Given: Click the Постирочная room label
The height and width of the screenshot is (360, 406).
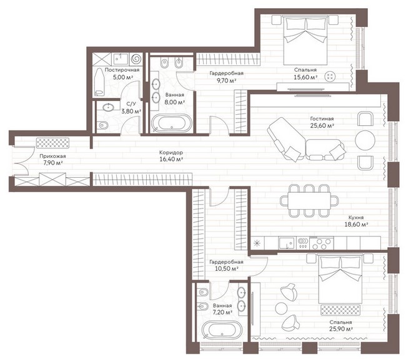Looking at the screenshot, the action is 122,70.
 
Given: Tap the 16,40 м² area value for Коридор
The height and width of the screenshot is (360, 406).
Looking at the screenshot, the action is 171,159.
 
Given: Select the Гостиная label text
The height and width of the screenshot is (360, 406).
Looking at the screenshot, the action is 322,119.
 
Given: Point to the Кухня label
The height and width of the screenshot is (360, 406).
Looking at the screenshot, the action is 356,218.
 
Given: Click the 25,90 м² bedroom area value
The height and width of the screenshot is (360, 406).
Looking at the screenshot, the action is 341,329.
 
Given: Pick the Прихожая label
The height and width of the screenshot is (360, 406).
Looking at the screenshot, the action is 52,156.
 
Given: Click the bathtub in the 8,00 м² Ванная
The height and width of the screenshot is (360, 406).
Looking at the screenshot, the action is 172,123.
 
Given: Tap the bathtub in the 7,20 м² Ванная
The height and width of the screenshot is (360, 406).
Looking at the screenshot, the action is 222,330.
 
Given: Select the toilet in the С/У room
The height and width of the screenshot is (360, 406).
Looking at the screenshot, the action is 103,125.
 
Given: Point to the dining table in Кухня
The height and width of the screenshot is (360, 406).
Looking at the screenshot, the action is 309,200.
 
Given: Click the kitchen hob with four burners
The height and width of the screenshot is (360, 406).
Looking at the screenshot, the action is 322,243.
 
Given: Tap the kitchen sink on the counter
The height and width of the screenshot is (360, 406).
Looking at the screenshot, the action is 286,243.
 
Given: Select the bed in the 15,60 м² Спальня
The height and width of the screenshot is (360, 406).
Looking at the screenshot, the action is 305,41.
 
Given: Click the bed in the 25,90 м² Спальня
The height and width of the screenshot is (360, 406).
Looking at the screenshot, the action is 340,279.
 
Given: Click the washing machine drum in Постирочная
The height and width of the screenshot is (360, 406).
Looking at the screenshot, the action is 136,59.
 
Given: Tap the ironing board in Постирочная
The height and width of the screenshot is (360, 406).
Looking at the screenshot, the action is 99,82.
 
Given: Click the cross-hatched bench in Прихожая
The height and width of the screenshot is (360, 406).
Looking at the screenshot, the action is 52,143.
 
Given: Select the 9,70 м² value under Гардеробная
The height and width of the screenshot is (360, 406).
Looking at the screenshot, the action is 226,80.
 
